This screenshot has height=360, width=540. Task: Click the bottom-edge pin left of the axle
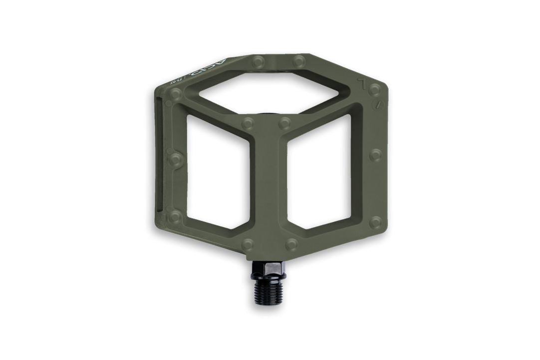coord(250,244)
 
